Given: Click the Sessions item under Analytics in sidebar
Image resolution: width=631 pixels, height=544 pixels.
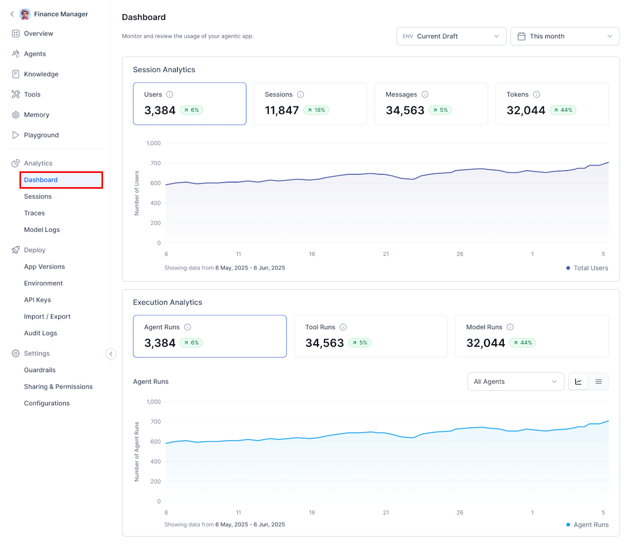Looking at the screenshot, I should (x=38, y=197).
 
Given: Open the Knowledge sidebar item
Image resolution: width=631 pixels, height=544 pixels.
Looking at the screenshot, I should (x=41, y=74).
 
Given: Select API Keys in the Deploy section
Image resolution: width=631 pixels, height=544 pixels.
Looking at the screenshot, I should (x=37, y=300).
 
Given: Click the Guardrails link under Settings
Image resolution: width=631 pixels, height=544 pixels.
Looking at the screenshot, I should (x=39, y=370).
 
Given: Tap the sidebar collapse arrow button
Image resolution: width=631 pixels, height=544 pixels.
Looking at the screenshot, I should (x=111, y=354).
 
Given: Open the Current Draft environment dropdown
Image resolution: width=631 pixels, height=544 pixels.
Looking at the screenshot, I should (x=451, y=36).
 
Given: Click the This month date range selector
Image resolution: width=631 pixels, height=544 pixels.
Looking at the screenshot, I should (x=565, y=36).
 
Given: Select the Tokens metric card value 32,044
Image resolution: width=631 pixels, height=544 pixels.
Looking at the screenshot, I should (x=526, y=110).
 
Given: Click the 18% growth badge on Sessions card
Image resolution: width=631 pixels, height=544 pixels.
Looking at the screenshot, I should (x=316, y=110).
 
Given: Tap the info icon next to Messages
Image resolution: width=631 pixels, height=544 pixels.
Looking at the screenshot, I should (x=425, y=95).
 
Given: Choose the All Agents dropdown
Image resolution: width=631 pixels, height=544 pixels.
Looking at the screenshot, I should (x=515, y=382).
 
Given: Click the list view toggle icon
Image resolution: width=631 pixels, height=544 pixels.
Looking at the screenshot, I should (x=598, y=382).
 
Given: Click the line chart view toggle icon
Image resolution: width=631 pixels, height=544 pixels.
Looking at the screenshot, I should (x=578, y=382).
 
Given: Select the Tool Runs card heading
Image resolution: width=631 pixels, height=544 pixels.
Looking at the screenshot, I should (x=320, y=327).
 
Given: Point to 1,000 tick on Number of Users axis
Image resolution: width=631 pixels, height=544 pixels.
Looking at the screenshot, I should (x=153, y=143).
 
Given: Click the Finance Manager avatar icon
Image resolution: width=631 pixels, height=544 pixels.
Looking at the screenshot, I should (x=25, y=14).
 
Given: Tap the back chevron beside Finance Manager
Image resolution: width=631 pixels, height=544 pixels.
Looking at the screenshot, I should (x=12, y=14).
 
